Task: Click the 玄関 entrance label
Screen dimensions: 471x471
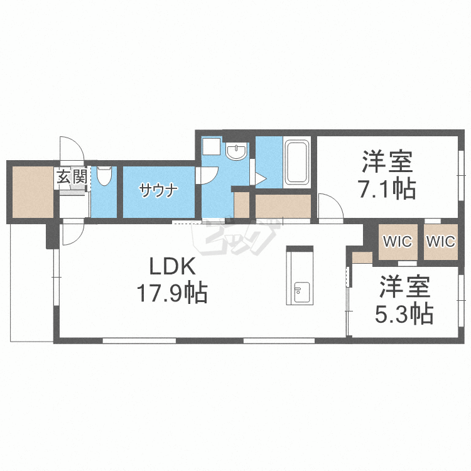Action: click(72, 176)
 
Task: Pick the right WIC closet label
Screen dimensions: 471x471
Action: click(440, 241)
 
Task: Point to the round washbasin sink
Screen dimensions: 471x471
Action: click(237, 152)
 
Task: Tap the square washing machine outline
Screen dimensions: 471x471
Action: click(210, 147)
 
